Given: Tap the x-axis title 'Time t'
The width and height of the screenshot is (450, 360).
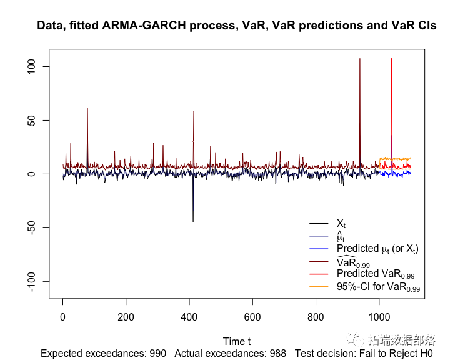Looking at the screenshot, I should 237,341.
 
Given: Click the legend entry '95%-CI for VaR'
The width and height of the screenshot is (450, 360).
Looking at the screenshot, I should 378,287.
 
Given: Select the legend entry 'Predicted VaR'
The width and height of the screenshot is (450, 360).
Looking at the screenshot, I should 376,274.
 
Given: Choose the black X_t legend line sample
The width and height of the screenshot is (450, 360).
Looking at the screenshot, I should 319,224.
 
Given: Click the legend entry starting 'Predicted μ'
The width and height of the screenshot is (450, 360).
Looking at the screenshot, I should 377,249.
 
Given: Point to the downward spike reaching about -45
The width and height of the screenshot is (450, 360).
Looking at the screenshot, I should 193,221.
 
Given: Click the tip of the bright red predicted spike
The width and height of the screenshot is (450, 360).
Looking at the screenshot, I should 391,59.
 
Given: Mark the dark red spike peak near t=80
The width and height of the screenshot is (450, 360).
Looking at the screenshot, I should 87,109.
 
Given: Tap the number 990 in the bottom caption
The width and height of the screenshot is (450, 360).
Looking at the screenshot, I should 158,354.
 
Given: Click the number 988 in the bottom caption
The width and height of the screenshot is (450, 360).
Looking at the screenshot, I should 277,354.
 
